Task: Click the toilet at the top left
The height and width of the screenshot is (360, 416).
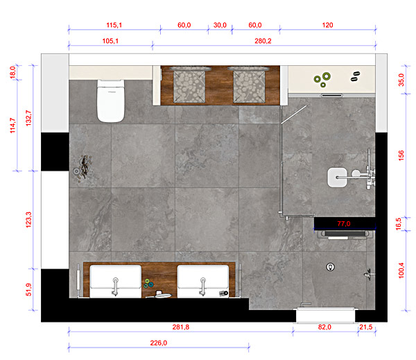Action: [111, 101]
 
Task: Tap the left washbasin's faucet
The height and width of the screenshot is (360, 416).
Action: [115, 286]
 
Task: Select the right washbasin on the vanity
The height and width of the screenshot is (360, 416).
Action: [203, 281]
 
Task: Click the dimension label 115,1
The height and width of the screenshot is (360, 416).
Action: [114, 25]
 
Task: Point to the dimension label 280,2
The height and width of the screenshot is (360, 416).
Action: [263, 41]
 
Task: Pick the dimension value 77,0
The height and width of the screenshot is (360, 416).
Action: [344, 223]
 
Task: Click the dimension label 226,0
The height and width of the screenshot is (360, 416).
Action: [159, 343]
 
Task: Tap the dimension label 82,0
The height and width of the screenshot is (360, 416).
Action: [324, 327]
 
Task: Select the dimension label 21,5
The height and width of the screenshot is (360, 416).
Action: [366, 327]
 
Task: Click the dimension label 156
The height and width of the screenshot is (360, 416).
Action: [401, 155]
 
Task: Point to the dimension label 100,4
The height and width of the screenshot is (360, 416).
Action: [401, 271]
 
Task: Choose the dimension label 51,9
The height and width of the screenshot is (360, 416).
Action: [28, 289]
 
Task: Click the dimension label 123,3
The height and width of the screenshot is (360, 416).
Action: [28, 220]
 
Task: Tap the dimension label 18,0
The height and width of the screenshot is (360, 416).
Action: [12, 72]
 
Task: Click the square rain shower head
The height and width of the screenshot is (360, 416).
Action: [337, 178]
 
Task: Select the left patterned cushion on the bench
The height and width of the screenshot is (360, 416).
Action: [189, 85]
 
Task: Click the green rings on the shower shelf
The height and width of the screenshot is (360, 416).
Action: [322, 79]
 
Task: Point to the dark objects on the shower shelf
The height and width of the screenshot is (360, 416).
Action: [355, 76]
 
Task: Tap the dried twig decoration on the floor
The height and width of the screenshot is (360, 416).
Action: [83, 169]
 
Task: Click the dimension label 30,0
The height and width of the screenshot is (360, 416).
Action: [220, 25]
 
